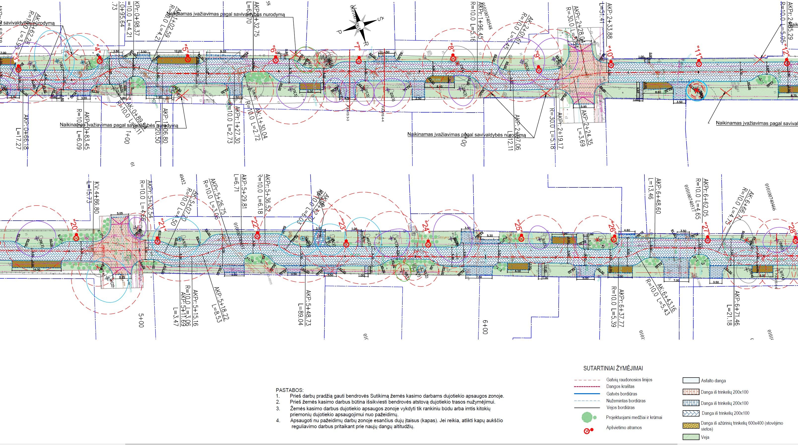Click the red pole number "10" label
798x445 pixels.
pyautogui.click(x=609, y=55)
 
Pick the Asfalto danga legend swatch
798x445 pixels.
pyautogui.click(x=691, y=381)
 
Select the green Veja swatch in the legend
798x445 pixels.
pyautogui.click(x=691, y=437)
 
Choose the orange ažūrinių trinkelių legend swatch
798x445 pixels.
pyautogui.click(x=691, y=425)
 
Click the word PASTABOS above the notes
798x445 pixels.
pyautogui.click(x=290, y=390)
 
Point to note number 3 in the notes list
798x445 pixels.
pyautogui.click(x=278, y=409)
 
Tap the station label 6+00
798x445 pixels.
pyautogui.click(x=485, y=327)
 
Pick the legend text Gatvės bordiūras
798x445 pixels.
pyautogui.click(x=621, y=394)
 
